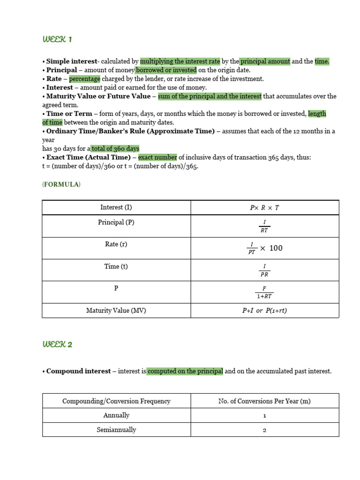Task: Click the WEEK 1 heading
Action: coord(57,39)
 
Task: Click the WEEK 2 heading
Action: coord(57,345)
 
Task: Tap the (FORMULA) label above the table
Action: coord(61,184)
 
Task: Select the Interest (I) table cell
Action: coord(116,207)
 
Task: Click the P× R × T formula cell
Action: coord(264,208)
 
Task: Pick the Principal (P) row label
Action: coord(116,222)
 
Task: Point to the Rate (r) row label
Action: coord(116,244)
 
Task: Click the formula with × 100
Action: coord(264,248)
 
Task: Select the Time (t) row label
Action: coord(116,266)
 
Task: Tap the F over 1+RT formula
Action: coord(264,292)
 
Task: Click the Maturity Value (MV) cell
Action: coord(116,310)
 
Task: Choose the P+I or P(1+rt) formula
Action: coord(264,311)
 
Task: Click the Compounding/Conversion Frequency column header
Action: coord(116,401)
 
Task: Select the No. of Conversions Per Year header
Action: coord(264,401)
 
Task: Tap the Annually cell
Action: coord(116,415)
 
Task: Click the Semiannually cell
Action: coord(116,430)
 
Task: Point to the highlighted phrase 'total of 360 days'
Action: coord(115,149)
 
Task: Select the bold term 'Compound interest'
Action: coord(78,371)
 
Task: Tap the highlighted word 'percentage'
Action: coord(85,79)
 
